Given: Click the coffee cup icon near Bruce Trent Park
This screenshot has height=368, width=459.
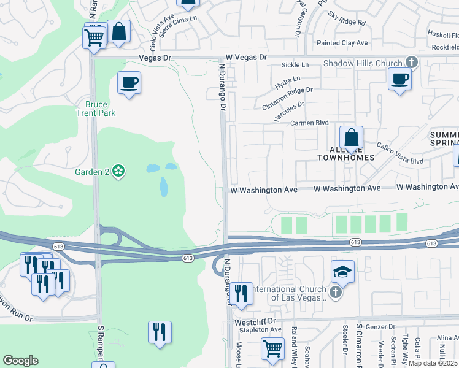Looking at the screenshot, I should click(129, 83).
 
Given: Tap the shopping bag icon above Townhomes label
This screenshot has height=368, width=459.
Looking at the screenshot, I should click(351, 138).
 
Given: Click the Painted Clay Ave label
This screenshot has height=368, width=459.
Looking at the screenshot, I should click(342, 43).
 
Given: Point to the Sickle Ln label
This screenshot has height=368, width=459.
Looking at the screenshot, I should click(295, 64).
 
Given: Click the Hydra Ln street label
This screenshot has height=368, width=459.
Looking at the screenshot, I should click(288, 80).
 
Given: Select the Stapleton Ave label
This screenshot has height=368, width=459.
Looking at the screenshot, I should click(258, 329).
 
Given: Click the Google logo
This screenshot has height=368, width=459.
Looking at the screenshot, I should click(20, 361).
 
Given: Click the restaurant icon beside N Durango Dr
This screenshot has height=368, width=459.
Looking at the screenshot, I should click(241, 293).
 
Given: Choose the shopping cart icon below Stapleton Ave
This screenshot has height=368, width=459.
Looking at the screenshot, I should click(272, 348).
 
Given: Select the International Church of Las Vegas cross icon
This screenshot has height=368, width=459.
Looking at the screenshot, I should click(335, 293).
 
